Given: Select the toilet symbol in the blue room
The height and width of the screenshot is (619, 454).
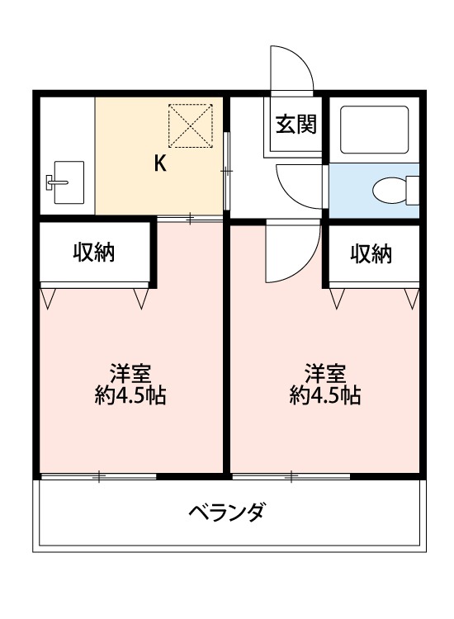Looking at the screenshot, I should click(390, 191).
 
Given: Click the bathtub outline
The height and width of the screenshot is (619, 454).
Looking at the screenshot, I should click(374, 129).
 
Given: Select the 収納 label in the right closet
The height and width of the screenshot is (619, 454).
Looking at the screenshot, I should click(370, 253).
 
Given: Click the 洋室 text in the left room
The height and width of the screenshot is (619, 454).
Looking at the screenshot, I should click(130, 372).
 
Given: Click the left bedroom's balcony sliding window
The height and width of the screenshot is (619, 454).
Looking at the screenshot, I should click(98, 476).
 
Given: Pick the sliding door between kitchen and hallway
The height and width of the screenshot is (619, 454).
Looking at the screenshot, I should click(227, 170).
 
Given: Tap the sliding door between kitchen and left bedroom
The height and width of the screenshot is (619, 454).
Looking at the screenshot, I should click(190, 219).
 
